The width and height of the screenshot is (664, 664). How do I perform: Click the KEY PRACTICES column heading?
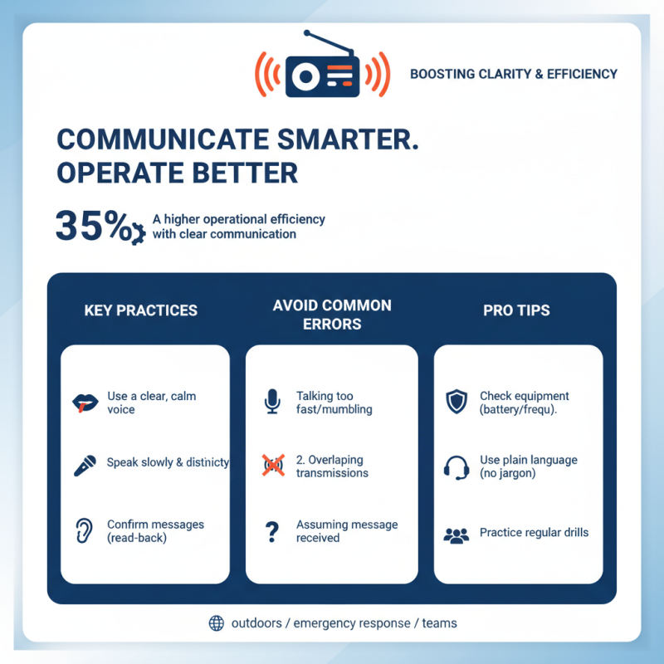141,311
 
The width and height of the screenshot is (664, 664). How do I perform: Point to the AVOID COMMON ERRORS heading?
332,315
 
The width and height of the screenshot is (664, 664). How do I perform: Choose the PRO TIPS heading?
516,311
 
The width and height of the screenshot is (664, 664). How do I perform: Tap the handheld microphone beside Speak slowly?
84,466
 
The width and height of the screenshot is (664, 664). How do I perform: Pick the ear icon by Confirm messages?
84,531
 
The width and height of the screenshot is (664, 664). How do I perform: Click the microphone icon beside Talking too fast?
272,403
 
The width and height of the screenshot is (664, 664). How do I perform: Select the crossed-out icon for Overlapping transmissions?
272,466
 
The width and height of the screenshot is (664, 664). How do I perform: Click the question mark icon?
272,532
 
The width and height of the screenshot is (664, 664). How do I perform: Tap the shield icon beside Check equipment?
456,403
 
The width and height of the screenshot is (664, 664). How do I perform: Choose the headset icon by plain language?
456,467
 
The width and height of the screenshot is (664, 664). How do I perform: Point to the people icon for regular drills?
456,535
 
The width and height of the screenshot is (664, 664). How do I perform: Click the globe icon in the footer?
217,623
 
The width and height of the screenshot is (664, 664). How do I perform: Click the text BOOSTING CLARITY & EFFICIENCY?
514,74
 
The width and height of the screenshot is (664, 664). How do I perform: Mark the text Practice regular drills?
534,532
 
